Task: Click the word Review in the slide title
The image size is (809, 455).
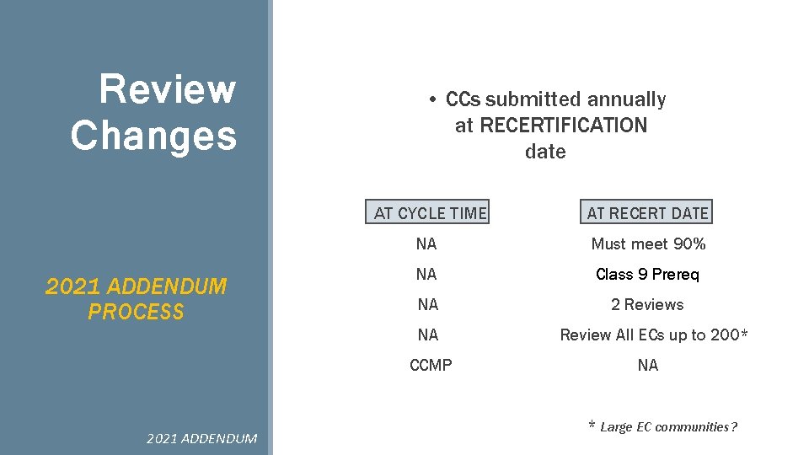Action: tap(167, 89)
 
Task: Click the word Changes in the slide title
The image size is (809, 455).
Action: tap(153, 136)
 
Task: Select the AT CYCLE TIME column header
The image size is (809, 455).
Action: tap(430, 213)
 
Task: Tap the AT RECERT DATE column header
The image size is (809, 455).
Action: tap(647, 213)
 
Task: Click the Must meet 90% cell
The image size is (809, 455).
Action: tap(648, 244)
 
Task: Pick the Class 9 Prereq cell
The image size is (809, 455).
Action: tap(647, 275)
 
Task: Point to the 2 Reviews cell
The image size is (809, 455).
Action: tap(647, 305)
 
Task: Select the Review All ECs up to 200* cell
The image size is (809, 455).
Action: tap(654, 335)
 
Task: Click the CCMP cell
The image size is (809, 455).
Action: tap(430, 366)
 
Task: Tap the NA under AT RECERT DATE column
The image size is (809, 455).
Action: tap(647, 366)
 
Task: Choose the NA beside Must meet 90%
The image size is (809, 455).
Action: tap(426, 244)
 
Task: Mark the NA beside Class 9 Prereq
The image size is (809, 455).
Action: tap(426, 275)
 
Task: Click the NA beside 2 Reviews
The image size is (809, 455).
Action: tap(427, 305)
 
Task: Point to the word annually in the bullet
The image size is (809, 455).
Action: tap(626, 99)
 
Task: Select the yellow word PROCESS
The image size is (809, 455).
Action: tap(136, 313)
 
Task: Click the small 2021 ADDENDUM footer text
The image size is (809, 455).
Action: tap(201, 438)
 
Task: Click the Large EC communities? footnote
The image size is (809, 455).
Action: tap(667, 427)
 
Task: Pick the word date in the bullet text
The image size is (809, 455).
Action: tap(545, 152)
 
